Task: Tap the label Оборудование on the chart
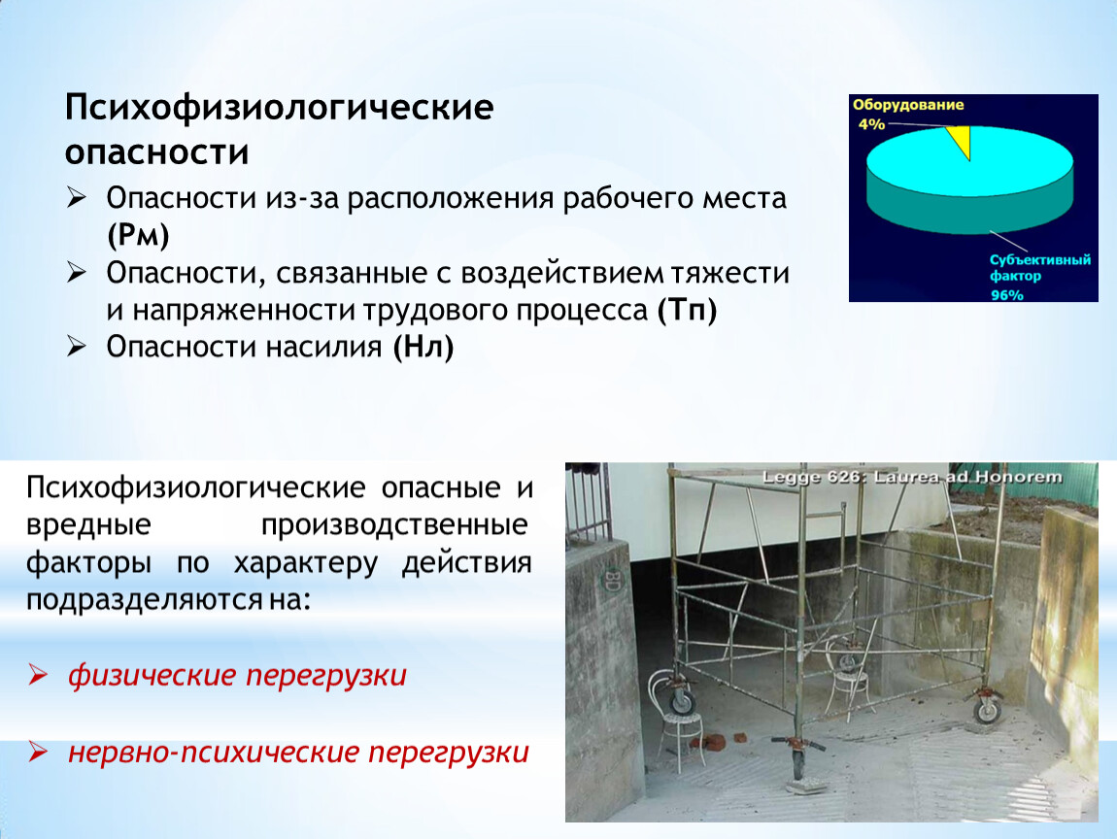[x=908, y=106]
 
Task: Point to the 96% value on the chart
[x=1006, y=295]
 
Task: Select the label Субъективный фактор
[x=1039, y=268]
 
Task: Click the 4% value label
[x=871, y=124]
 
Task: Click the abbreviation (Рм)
[x=138, y=235]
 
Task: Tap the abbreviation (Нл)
[x=423, y=347]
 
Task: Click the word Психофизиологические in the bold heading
[x=280, y=108]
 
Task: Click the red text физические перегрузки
[x=237, y=675]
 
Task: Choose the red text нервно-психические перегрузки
[x=298, y=753]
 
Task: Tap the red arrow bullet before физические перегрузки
[x=38, y=674]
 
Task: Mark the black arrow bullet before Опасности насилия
[x=76, y=346]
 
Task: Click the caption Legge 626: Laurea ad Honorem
[x=912, y=477]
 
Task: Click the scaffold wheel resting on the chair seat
[x=682, y=701]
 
